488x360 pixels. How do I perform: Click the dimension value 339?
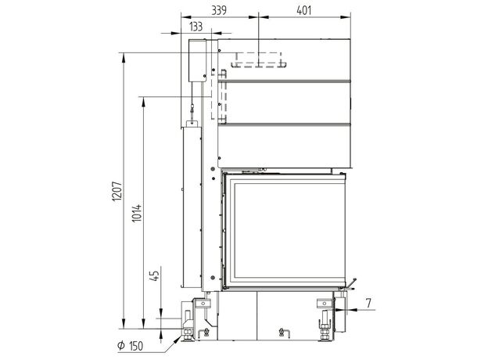click(x=219, y=10)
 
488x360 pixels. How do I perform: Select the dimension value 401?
click(x=303, y=10)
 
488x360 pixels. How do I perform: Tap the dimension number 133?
click(x=196, y=27)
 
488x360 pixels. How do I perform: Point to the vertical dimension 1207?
click(x=117, y=191)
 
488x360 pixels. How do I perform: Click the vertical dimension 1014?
click(x=137, y=213)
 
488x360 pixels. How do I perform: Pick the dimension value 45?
click(x=154, y=275)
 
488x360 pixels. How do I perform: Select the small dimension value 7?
click(x=368, y=303)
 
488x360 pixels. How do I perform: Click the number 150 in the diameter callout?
click(x=136, y=346)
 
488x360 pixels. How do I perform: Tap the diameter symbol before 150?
click(x=121, y=345)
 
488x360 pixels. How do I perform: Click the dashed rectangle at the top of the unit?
click(x=259, y=59)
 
